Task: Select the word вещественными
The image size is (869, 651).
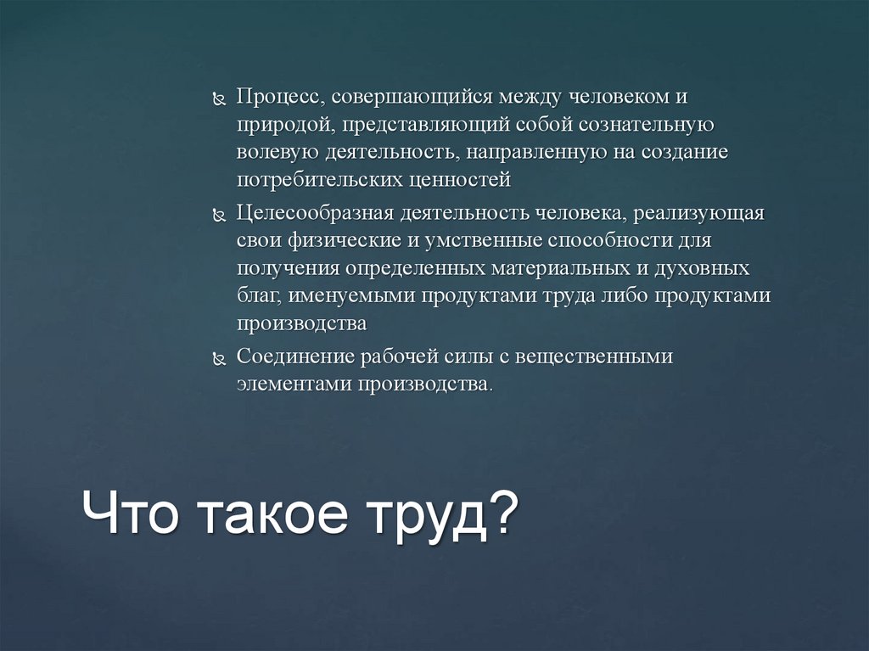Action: pyautogui.click(x=592, y=356)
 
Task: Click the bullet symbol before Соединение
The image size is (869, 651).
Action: pyautogui.click(x=217, y=359)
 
